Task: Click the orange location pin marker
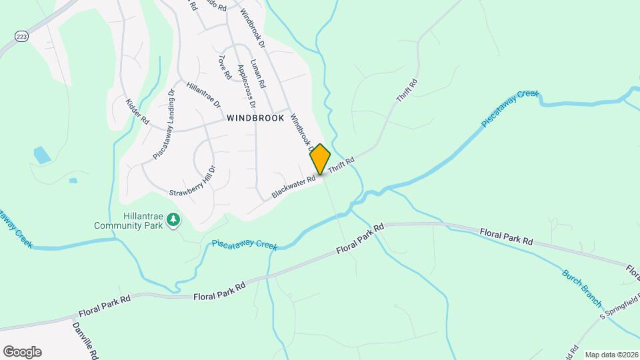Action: (x=320, y=159)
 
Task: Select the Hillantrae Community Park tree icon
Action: (x=173, y=219)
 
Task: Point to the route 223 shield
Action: (x=21, y=35)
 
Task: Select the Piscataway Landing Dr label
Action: (x=163, y=125)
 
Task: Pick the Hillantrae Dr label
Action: (x=203, y=95)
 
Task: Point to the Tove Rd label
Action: (x=224, y=67)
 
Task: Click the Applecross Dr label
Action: (x=246, y=86)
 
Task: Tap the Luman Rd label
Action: (x=258, y=75)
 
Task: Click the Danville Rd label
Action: (x=86, y=340)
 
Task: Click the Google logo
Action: (x=22, y=352)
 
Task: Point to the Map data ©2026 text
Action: (x=611, y=355)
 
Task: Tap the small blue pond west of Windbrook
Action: (x=41, y=155)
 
